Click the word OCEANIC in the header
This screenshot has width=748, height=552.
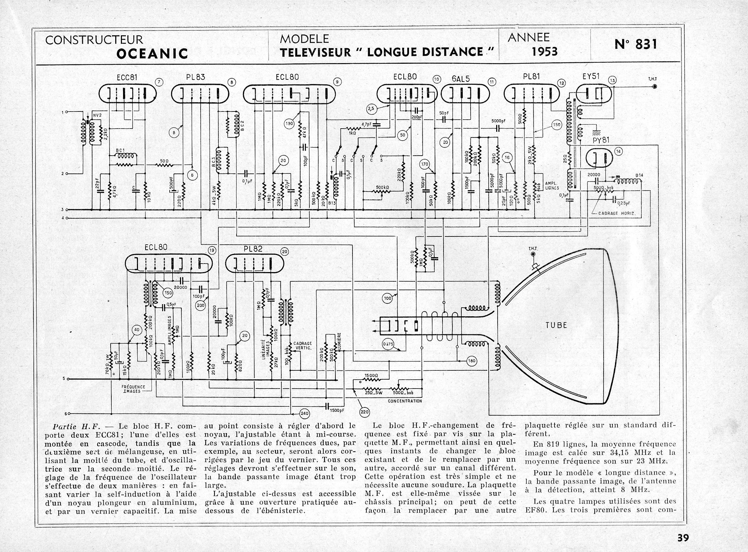pos(152,53)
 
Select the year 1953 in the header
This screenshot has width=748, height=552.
pos(545,52)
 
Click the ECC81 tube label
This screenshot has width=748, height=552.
pos(127,77)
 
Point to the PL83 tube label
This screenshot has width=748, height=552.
pos(196,77)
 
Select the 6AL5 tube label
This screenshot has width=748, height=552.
pos(461,79)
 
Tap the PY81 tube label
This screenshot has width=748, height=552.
pos(601,140)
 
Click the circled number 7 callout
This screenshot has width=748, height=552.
pos(159,82)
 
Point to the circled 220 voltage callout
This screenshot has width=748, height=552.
pos(365,412)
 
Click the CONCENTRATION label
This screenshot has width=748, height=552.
pos(405,401)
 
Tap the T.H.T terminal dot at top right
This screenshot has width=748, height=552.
pos(655,87)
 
